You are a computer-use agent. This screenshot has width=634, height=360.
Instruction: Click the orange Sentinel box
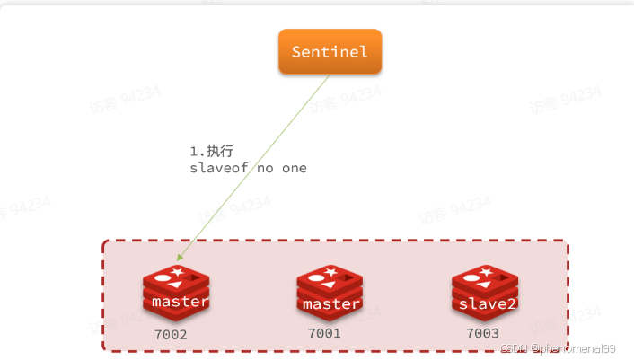[330, 51]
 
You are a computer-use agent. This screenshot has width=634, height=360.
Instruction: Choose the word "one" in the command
[295, 168]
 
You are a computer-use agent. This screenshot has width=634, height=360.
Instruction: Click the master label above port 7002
[180, 302]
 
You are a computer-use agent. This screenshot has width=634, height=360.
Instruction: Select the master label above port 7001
[331, 304]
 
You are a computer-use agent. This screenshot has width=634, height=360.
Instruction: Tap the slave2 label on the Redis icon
[487, 303]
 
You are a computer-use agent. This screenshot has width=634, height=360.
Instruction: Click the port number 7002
[172, 334]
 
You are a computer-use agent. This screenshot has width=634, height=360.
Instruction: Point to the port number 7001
[325, 333]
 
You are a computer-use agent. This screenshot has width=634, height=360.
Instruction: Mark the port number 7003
[481, 333]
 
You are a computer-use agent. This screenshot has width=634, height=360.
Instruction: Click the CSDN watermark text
[513, 347]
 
